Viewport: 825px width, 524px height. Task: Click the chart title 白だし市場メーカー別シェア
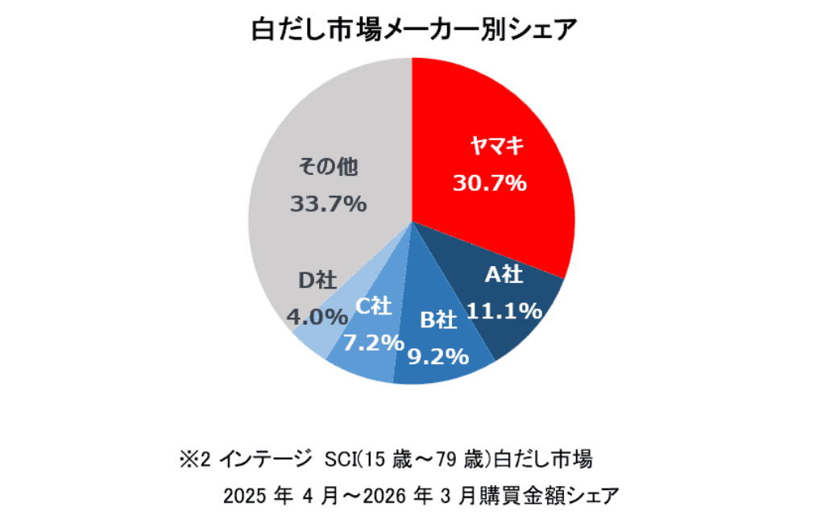point(412,30)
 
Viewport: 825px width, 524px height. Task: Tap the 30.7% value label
point(490,183)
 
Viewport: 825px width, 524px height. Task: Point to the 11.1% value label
point(504,310)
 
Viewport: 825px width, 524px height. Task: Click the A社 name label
point(504,275)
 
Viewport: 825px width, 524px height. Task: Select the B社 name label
point(439,320)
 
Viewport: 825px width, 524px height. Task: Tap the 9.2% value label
point(438,355)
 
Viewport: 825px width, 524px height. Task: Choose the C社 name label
point(374,306)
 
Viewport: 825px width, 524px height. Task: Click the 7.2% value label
point(373,343)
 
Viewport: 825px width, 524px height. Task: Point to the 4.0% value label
point(317,316)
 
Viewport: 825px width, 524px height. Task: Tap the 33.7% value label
point(328,204)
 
